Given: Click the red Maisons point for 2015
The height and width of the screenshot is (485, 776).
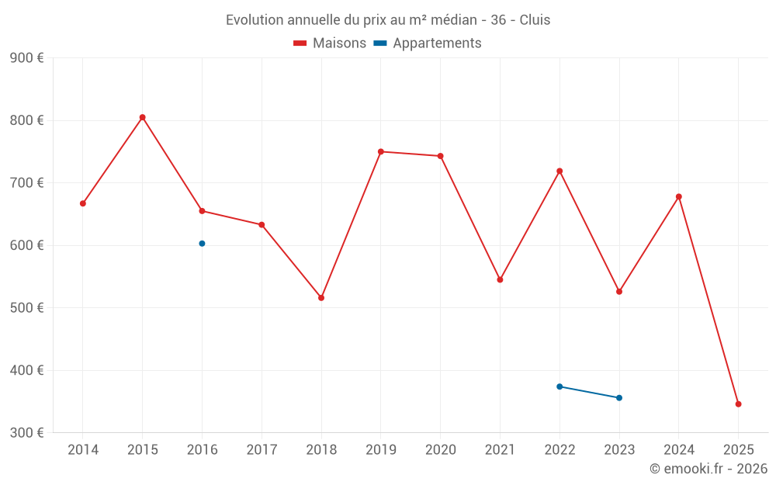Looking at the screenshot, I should [x=143, y=117].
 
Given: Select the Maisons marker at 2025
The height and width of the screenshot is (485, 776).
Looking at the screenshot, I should [x=738, y=404].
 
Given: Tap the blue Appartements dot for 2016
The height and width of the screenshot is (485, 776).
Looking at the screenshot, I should [x=202, y=244].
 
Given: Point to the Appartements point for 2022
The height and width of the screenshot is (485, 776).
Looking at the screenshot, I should [x=559, y=386].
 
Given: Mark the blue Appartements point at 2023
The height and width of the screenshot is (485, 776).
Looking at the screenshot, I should [x=619, y=398].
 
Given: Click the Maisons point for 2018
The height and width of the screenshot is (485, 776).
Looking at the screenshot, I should [x=321, y=298].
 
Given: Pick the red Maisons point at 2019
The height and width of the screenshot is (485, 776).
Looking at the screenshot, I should [x=381, y=152].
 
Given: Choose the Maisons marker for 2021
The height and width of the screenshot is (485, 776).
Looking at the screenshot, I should [x=500, y=279].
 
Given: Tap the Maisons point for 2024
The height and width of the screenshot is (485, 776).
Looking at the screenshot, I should [x=679, y=196].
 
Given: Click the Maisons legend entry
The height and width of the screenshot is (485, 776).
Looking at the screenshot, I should [x=330, y=43].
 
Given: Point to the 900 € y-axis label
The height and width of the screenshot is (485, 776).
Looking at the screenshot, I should [x=26, y=58].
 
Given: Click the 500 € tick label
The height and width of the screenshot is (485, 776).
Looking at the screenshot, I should [x=26, y=308].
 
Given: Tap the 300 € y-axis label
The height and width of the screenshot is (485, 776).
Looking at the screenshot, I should [x=26, y=433].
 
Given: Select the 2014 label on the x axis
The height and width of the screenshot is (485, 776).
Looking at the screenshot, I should [x=83, y=450].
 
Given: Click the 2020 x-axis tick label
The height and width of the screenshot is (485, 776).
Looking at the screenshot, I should [x=440, y=450].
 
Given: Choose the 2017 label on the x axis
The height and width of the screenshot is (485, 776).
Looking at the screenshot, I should [x=262, y=450].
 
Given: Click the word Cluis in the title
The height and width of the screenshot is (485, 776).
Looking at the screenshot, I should [x=535, y=20].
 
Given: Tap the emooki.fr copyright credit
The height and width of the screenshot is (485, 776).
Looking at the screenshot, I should [x=708, y=469].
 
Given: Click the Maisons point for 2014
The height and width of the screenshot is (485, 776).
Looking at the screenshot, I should [x=83, y=203].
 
